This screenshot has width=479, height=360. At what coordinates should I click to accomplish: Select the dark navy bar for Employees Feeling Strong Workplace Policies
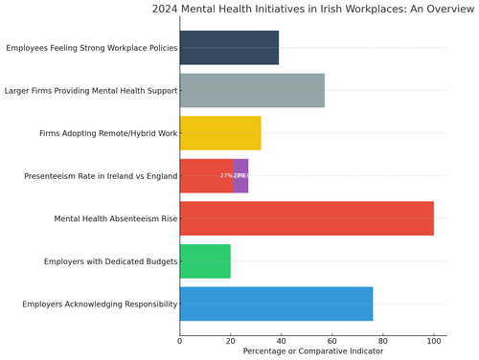(229, 48)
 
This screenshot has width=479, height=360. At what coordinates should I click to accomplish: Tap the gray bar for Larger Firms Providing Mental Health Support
(252, 90)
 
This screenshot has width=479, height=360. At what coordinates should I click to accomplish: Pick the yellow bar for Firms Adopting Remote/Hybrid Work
(220, 133)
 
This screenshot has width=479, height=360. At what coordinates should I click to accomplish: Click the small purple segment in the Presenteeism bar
(240, 175)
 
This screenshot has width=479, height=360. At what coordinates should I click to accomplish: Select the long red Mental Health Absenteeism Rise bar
(307, 218)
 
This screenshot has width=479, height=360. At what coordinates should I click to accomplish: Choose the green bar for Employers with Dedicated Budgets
(205, 261)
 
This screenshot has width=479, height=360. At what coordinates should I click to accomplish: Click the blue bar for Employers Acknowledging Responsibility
(276, 304)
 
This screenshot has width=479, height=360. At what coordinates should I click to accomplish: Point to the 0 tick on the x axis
(180, 339)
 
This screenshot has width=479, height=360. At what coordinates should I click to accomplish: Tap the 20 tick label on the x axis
(231, 339)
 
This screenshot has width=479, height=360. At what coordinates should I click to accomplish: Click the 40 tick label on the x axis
(282, 339)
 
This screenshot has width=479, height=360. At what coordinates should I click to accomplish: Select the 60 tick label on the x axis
(332, 339)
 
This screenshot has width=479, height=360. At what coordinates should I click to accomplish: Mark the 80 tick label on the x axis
(383, 339)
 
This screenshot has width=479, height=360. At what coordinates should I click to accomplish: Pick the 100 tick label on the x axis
(434, 339)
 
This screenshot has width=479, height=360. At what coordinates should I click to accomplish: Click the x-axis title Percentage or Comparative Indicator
(312, 351)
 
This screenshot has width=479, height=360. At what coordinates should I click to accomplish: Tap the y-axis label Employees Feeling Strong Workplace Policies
(91, 48)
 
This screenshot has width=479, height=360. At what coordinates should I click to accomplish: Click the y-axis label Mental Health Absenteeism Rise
(116, 218)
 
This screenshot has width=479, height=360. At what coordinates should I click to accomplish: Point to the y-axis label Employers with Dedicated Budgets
(110, 261)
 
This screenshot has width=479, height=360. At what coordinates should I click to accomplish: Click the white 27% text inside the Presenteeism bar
(226, 176)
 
